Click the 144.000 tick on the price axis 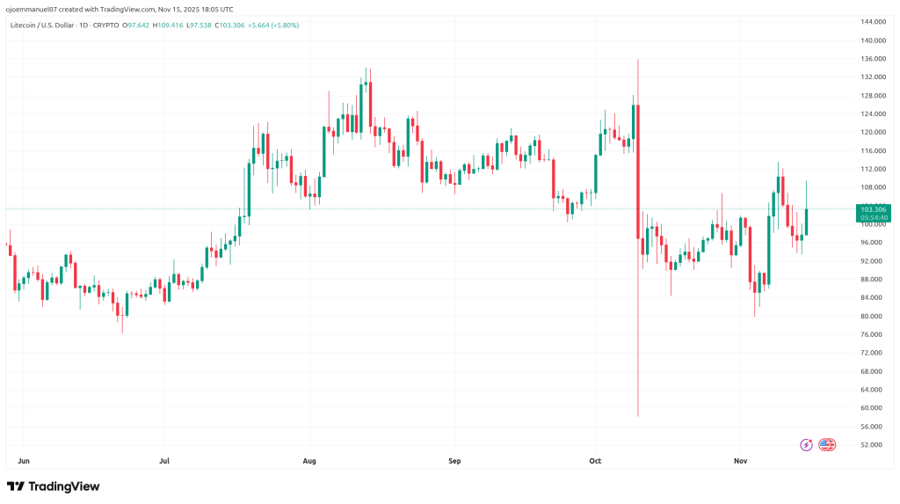coord(872,21)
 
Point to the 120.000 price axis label coord(872,132)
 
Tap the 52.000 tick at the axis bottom coord(872,445)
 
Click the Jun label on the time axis coord(24,460)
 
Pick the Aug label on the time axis coord(308,460)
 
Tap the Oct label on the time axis coord(595,460)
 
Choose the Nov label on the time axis coord(739,460)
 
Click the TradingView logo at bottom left coord(53,486)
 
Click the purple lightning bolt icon coord(806,445)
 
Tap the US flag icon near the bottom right coord(827,445)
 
